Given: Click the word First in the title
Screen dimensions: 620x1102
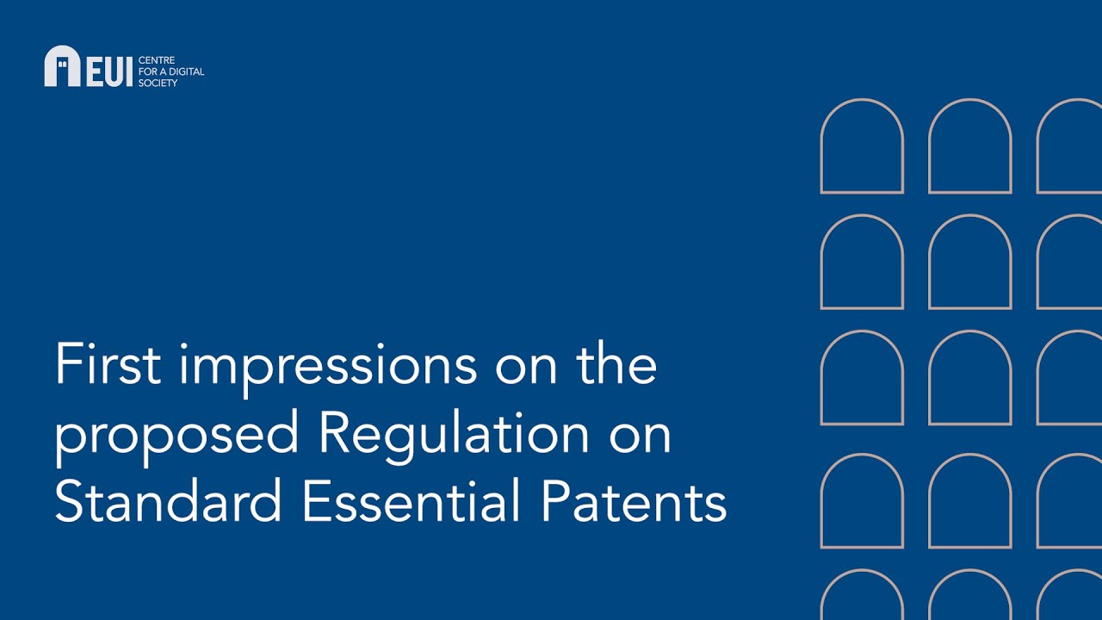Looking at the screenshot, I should pyautogui.click(x=108, y=364).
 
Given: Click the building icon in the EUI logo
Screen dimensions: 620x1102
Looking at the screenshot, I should pyautogui.click(x=62, y=66).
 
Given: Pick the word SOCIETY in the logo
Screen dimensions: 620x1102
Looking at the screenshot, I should pyautogui.click(x=158, y=83).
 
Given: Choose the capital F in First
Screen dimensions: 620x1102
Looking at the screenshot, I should pyautogui.click(x=67, y=364).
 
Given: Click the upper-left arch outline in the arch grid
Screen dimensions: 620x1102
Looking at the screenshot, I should pyautogui.click(x=862, y=146).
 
